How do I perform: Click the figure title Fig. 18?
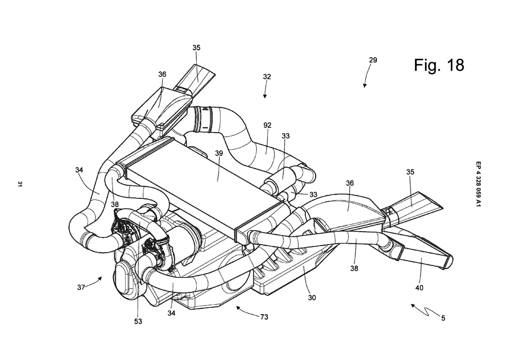(439, 65)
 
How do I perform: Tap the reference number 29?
(373, 60)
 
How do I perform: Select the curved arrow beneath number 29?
(367, 77)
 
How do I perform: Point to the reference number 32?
(267, 77)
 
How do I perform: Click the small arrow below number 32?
(266, 92)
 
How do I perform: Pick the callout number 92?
(267, 126)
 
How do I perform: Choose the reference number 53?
(138, 321)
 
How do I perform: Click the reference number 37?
(82, 287)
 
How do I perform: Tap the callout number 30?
(312, 298)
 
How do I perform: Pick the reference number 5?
(443, 318)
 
